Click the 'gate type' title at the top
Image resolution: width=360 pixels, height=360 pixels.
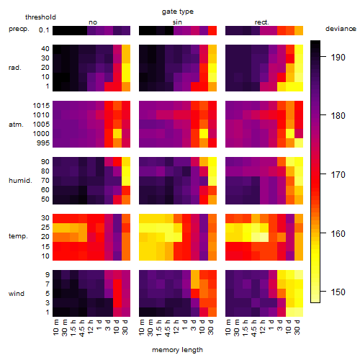coord(178,12)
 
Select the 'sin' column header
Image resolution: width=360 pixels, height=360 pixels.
coord(177,22)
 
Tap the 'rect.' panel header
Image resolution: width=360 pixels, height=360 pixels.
coord(262,22)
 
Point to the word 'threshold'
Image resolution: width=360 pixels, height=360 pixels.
coord(40,17)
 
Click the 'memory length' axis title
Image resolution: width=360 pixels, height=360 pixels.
coord(177,350)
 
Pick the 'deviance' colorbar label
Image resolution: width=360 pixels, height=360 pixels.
coord(341,29)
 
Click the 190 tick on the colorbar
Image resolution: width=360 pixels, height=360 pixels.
coord(338,58)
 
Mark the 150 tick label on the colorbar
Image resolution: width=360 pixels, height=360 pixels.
coord(338,292)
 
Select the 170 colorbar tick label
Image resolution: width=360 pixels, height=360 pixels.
coord(338,174)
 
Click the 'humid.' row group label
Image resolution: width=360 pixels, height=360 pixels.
coord(20,181)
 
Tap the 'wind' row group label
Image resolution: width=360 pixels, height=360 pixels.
coord(17,294)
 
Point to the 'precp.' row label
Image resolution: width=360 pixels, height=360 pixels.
coord(19,29)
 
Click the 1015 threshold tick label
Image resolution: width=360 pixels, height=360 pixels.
coord(41,106)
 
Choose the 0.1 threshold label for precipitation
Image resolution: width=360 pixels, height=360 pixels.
coord(44,30)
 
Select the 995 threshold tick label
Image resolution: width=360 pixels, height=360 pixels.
coord(43,143)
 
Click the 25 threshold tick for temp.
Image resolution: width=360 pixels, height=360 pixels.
coord(45,227)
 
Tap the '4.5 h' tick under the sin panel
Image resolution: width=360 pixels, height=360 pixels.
coord(168,328)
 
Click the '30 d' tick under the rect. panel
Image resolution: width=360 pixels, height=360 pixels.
coord(297,327)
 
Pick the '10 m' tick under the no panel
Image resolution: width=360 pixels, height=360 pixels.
coord(55,327)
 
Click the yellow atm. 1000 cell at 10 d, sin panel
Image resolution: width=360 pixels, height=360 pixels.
coord(204,133)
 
